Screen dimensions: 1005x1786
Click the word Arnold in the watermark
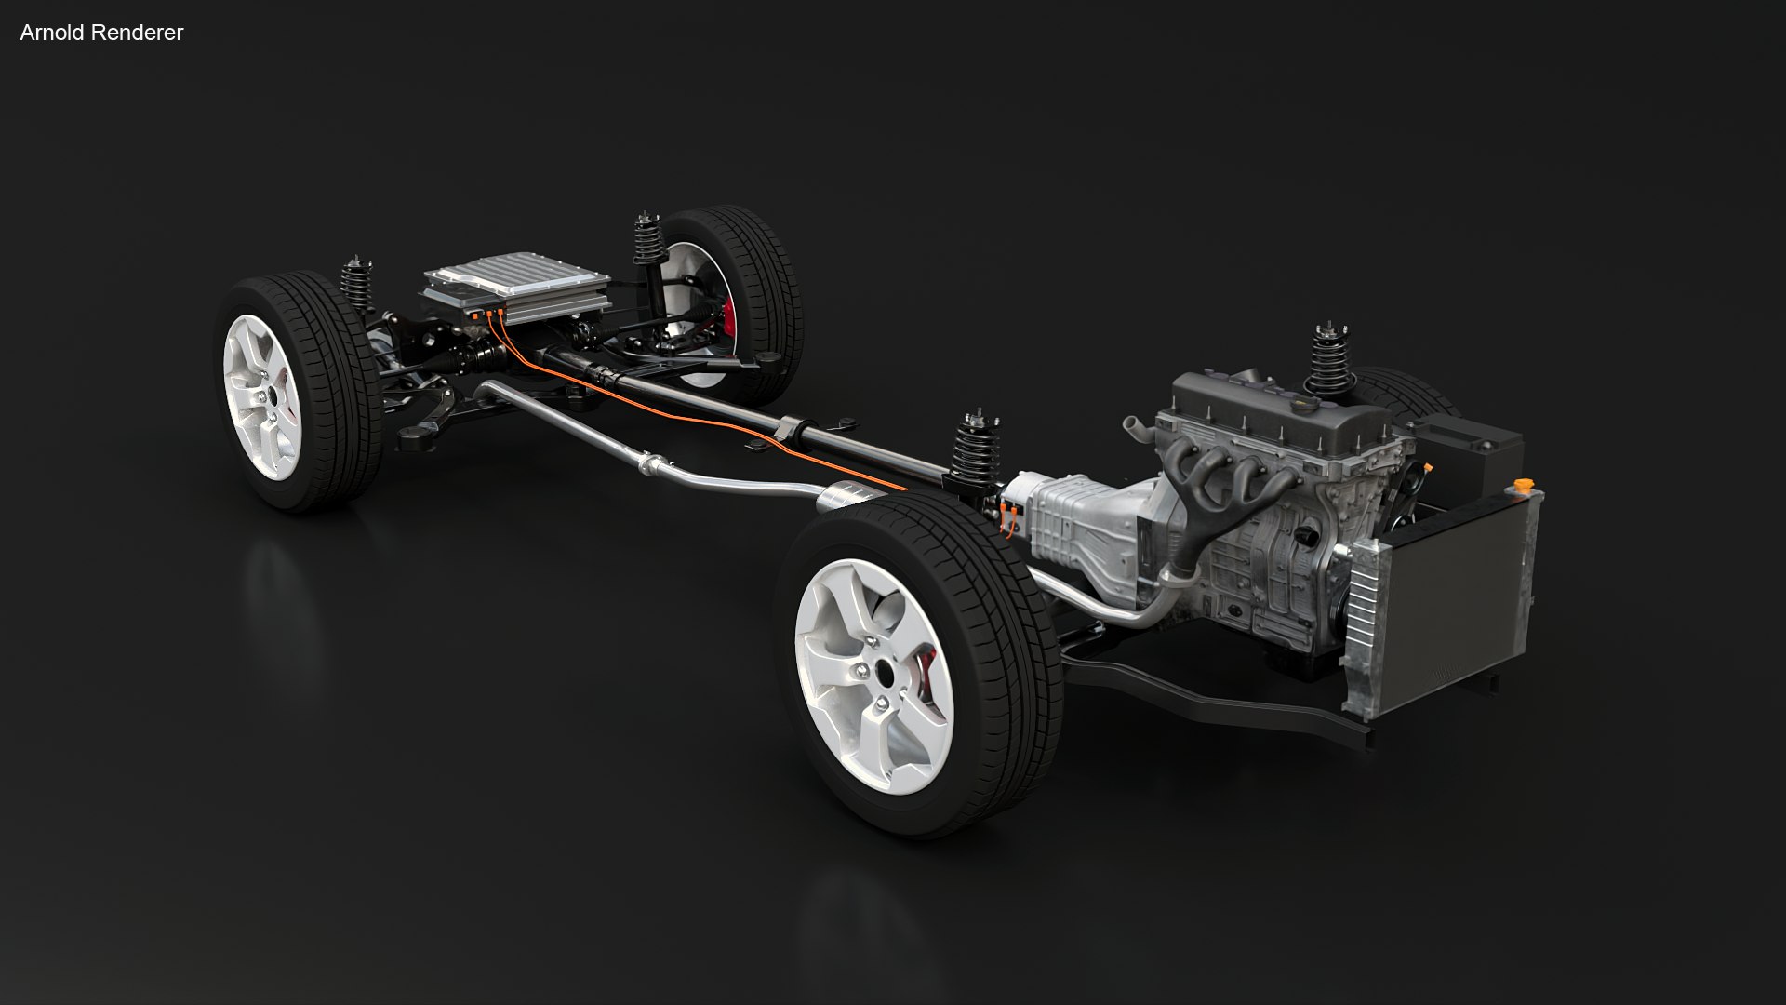coord(50,33)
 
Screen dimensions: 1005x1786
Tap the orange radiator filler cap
coord(1522,487)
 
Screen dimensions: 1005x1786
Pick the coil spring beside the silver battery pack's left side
coord(356,284)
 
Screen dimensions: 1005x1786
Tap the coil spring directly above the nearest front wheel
coord(974,451)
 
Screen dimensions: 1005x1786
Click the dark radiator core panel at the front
coord(1451,614)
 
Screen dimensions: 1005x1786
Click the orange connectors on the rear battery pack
coord(488,317)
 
